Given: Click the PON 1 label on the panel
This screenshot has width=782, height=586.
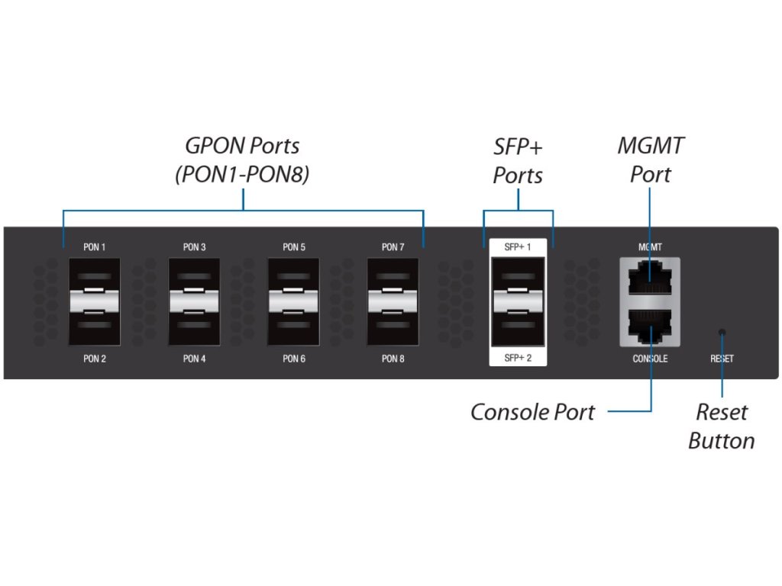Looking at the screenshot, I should (95, 247).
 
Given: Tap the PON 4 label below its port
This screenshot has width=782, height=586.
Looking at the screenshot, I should (194, 359).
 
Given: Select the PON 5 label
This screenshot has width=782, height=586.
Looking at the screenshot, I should (294, 247).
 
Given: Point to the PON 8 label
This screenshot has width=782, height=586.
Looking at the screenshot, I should (393, 359).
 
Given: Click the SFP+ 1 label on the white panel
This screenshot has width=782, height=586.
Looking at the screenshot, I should (518, 247).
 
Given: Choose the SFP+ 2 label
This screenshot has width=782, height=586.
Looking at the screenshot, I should (518, 359).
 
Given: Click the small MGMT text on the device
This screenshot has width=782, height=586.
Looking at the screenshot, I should (650, 247).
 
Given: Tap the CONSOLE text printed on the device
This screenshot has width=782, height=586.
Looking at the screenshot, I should (650, 359).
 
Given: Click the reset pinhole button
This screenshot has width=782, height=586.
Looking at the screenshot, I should (722, 332).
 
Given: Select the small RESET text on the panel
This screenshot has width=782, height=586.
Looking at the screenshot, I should (722, 359).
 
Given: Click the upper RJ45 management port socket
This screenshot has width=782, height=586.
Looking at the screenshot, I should (650, 279).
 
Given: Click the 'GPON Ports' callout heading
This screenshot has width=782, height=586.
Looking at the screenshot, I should (243, 145).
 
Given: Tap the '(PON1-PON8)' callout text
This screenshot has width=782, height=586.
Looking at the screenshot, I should (243, 175).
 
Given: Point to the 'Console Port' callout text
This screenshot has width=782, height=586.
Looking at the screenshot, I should (532, 412).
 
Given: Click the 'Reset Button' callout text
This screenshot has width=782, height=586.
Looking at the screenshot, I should (722, 427).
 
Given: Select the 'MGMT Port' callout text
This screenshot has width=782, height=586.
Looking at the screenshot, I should (651, 159).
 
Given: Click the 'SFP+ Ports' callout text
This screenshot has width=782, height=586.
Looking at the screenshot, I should (518, 160).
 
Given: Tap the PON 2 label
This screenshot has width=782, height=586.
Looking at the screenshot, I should (95, 359).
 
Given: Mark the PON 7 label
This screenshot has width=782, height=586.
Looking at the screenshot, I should (393, 247).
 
